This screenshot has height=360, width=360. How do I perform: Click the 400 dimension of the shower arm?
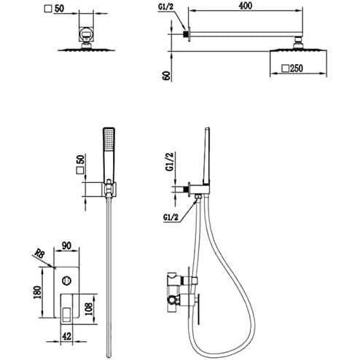pos(246,6)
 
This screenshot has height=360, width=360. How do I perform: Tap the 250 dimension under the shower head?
pos(297,69)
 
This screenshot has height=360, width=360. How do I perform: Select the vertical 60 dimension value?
pos(167,76)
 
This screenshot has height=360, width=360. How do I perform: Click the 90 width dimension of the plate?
pos(66,246)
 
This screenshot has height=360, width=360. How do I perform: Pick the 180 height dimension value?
pos(37,292)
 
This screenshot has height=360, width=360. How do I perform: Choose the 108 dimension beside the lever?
pos(89,309)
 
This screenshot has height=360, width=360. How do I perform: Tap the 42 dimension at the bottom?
pos(66,336)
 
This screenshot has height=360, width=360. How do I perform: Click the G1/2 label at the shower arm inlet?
pos(165,7)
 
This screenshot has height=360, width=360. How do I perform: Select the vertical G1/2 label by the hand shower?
pos(171,162)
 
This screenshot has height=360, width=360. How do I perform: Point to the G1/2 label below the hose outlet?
pos(171,217)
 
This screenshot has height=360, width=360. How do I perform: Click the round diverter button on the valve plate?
pos(66,281)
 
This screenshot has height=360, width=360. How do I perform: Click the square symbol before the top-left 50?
pos(48,9)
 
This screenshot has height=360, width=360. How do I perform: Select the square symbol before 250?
pos(286,69)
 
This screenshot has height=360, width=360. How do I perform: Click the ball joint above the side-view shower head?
pos(298,44)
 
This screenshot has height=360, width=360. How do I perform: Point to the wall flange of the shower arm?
pos(189,34)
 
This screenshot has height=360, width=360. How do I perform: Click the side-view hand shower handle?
pos(206,155)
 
